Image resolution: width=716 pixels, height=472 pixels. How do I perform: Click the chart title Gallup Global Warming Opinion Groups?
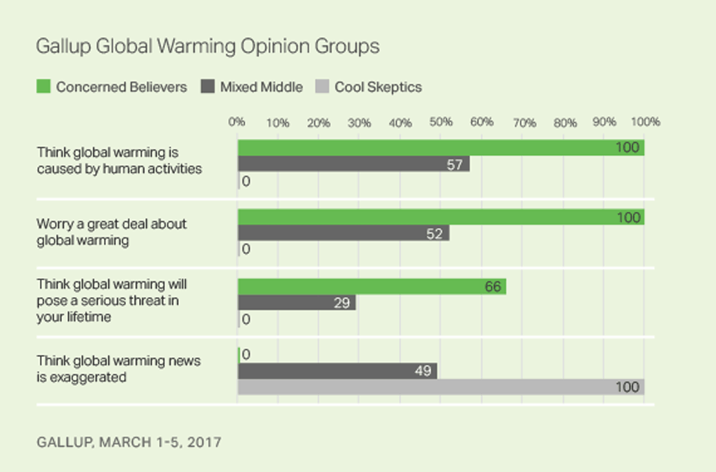pyautogui.click(x=207, y=46)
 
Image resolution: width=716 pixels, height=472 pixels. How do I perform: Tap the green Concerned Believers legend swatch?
pyautogui.click(x=43, y=87)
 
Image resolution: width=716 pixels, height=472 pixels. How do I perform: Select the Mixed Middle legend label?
pyautogui.click(x=262, y=87)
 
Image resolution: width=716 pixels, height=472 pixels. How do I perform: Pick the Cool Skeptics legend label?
pyautogui.click(x=378, y=87)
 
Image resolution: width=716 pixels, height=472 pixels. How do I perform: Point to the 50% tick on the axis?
pyautogui.click(x=441, y=122)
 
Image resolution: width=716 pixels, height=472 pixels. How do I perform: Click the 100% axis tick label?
pyautogui.click(x=645, y=122)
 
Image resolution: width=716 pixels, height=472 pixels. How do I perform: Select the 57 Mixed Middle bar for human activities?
pyautogui.click(x=353, y=164)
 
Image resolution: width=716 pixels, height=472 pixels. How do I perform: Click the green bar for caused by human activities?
pyautogui.click(x=441, y=147)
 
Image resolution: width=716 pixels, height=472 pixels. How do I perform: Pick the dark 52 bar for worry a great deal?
pyautogui.click(x=343, y=233)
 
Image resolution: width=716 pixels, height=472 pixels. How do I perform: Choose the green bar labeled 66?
pyautogui.click(x=372, y=287)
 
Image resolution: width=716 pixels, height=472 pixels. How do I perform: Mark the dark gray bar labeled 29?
pyautogui.click(x=297, y=303)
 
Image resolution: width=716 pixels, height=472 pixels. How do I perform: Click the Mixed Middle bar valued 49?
pyautogui.click(x=337, y=371)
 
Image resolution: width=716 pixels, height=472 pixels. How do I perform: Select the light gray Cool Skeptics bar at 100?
pyautogui.click(x=441, y=387)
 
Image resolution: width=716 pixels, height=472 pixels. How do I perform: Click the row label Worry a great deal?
pyautogui.click(x=112, y=232)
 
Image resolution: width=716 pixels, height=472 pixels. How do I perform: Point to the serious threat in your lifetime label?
pyautogui.click(x=112, y=300)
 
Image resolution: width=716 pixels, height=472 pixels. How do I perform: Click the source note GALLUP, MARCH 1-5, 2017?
pyautogui.click(x=129, y=441)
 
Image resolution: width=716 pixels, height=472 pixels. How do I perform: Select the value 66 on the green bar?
pyautogui.click(x=492, y=287)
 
